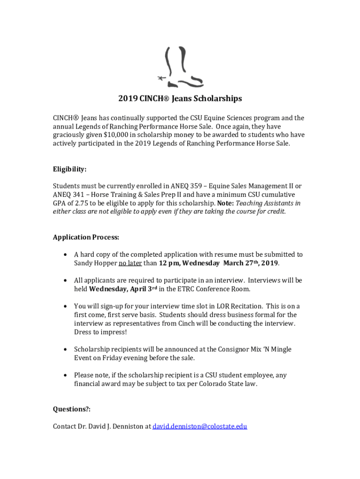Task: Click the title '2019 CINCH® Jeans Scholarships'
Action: (x=180, y=99)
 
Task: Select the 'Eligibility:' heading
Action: (x=70, y=169)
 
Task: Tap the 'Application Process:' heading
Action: (x=86, y=237)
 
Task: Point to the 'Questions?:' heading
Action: (x=72, y=409)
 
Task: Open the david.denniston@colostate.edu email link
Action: (x=200, y=426)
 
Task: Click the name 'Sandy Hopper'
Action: (x=95, y=263)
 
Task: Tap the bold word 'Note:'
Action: (x=226, y=203)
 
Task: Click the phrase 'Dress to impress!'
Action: (x=100, y=332)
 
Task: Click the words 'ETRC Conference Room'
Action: (x=219, y=289)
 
